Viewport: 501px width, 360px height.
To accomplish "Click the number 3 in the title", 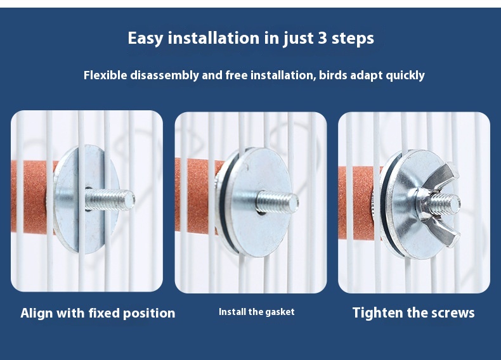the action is coord(323,38).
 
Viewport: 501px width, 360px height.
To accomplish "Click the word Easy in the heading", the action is coord(145,39).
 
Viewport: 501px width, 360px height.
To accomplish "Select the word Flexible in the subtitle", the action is coord(105,75).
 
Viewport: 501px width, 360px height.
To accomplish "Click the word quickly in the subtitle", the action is coord(405,76).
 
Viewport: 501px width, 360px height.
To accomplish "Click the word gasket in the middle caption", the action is coord(280,312).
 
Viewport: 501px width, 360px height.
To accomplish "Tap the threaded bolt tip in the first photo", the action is coord(128,199).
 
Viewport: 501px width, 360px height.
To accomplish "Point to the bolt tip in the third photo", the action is coord(453,203).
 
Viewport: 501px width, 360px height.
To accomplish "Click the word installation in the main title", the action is coord(214,38).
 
